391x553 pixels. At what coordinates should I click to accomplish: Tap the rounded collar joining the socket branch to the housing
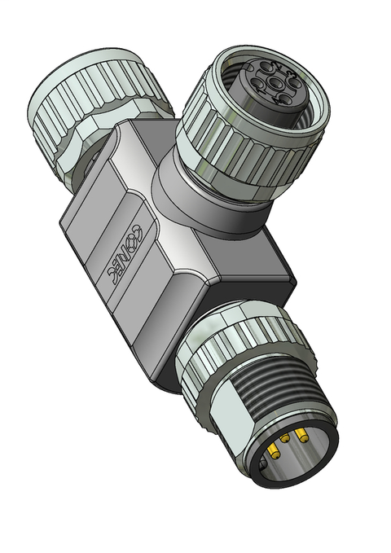coord(204,195)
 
